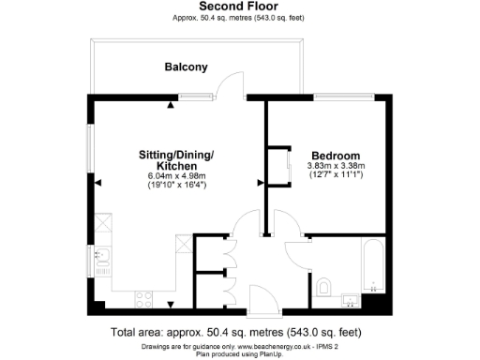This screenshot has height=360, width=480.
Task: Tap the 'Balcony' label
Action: (186, 67)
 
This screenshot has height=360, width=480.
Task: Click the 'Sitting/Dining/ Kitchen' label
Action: (176, 159)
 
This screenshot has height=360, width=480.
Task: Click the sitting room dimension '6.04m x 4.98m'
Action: (176, 176)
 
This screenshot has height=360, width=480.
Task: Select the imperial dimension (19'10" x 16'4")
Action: (176, 186)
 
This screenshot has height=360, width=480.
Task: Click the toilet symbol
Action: (323, 286)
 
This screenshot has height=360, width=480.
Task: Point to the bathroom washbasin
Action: (349, 300)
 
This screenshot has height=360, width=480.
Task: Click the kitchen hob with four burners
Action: (145, 300)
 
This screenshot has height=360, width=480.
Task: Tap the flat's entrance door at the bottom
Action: (262, 302)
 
